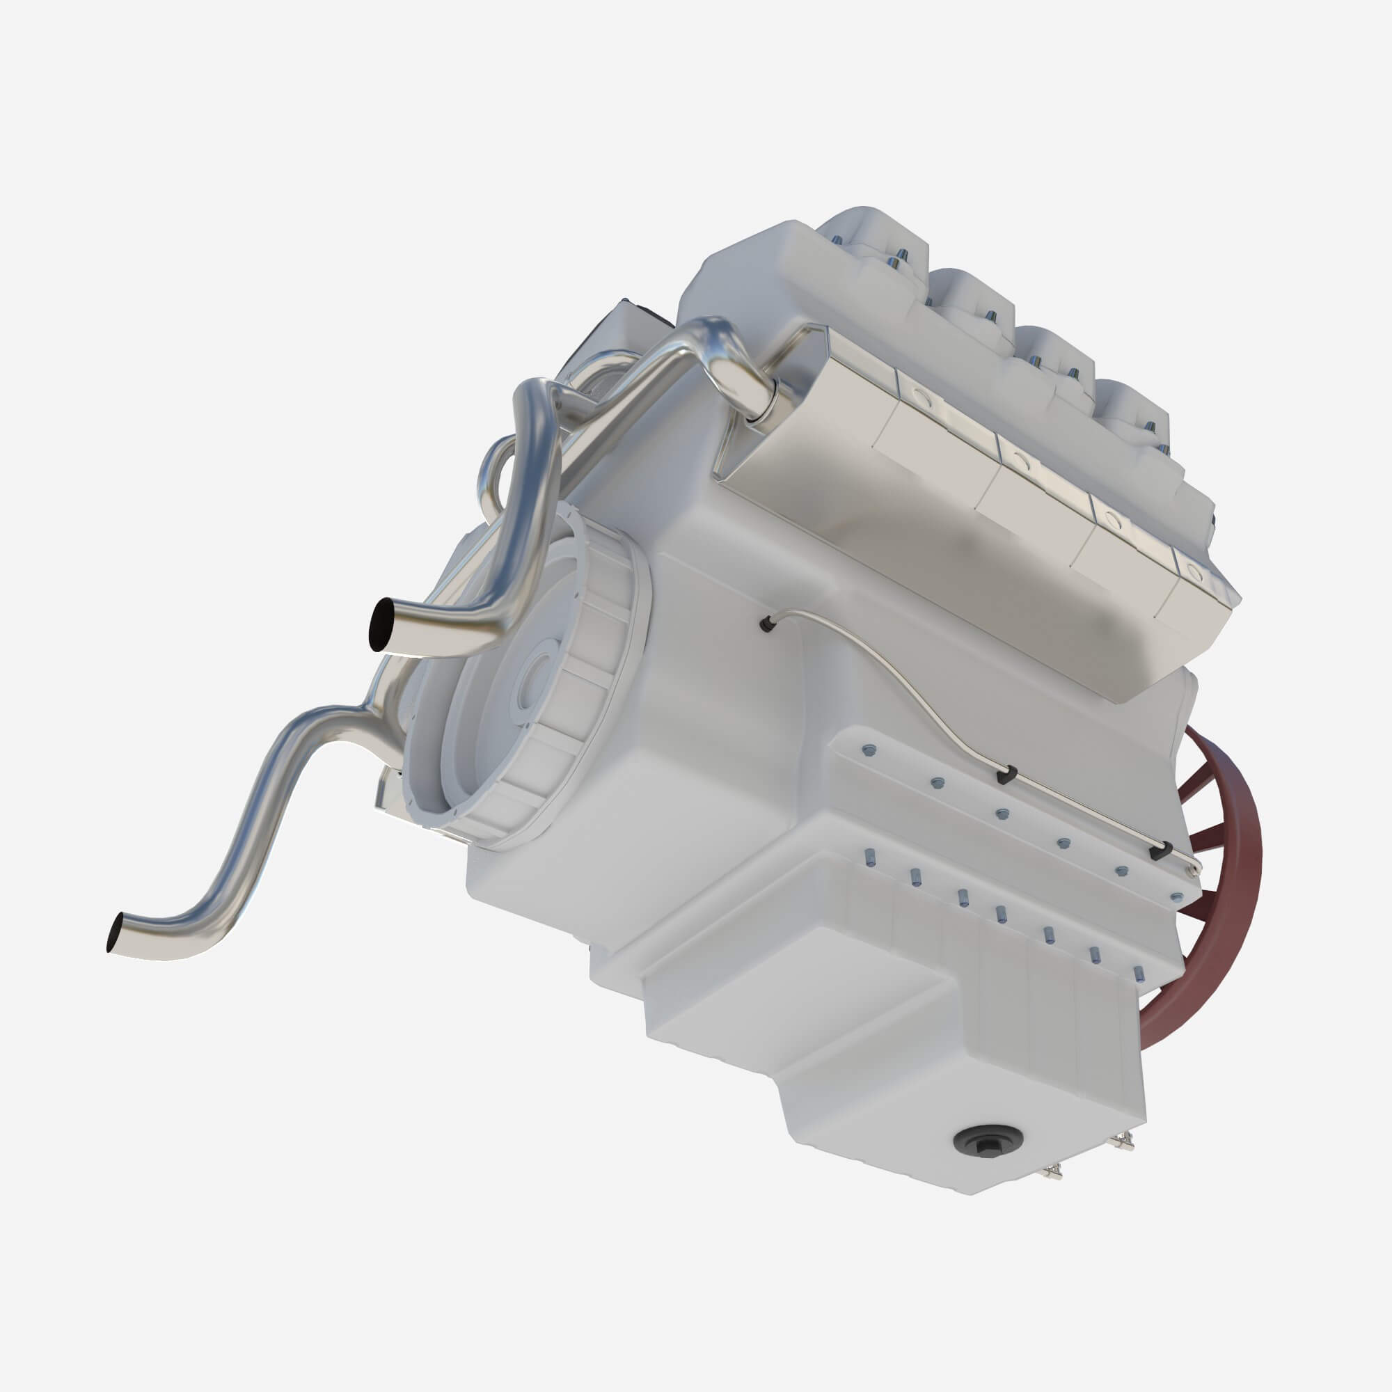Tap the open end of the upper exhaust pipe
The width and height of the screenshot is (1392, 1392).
point(381,624)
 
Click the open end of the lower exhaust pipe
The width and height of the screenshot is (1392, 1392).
point(116,934)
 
